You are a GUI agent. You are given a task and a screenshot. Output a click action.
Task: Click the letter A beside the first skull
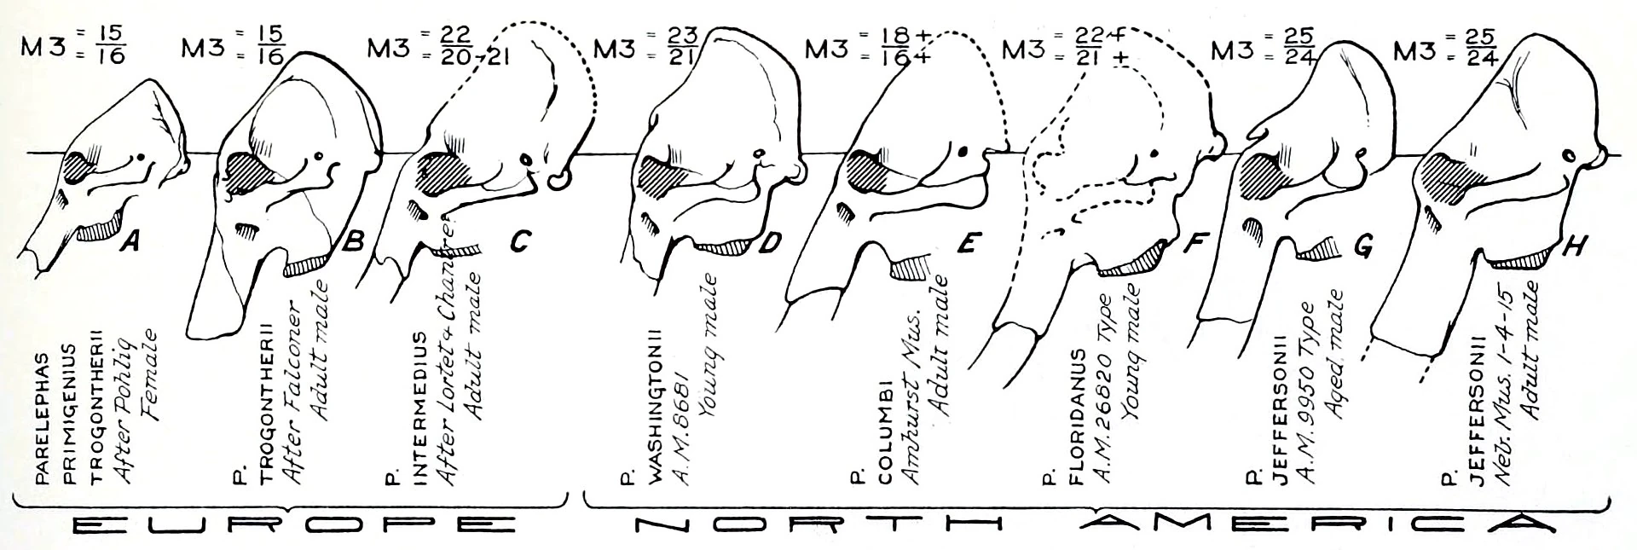pos(130,243)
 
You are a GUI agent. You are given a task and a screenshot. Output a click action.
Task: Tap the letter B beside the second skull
pos(352,244)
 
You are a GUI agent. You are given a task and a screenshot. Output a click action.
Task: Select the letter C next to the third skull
pos(518,244)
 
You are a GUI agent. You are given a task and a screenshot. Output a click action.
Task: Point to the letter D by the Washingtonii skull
pos(768,244)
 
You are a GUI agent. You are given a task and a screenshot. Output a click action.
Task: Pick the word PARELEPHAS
pos(41,427)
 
